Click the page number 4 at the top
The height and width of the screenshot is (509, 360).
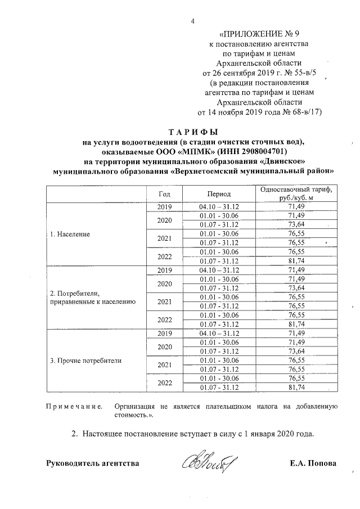pos(192,22)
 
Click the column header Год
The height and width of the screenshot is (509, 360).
pos(164,193)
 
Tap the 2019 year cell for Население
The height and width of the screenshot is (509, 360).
pos(164,206)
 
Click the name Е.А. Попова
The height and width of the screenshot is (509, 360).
pos(313,463)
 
